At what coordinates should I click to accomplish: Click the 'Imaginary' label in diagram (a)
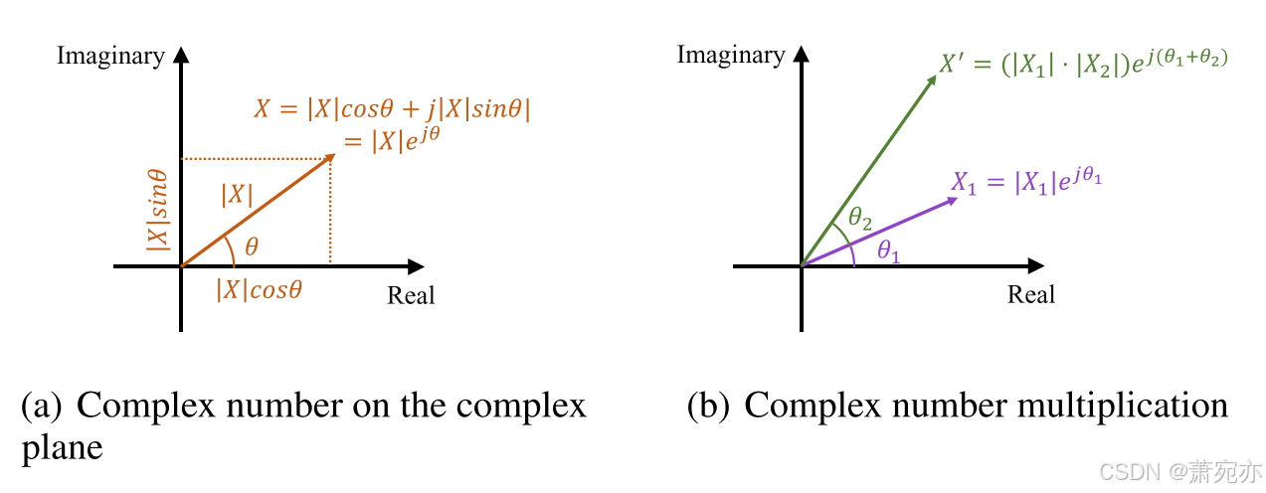(110, 56)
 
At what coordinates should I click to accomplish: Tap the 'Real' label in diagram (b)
(1031, 294)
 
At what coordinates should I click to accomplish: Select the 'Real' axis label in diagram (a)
(411, 295)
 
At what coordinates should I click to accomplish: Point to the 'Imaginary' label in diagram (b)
(731, 55)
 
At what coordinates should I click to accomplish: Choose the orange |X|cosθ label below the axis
(259, 290)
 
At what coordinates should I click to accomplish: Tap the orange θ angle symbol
(251, 246)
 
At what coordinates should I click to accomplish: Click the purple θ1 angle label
(889, 252)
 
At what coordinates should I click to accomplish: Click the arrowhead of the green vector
(932, 81)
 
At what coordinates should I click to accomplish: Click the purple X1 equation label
(1027, 182)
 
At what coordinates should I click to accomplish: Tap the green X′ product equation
(1084, 64)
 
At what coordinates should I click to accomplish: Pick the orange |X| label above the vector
(237, 195)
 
